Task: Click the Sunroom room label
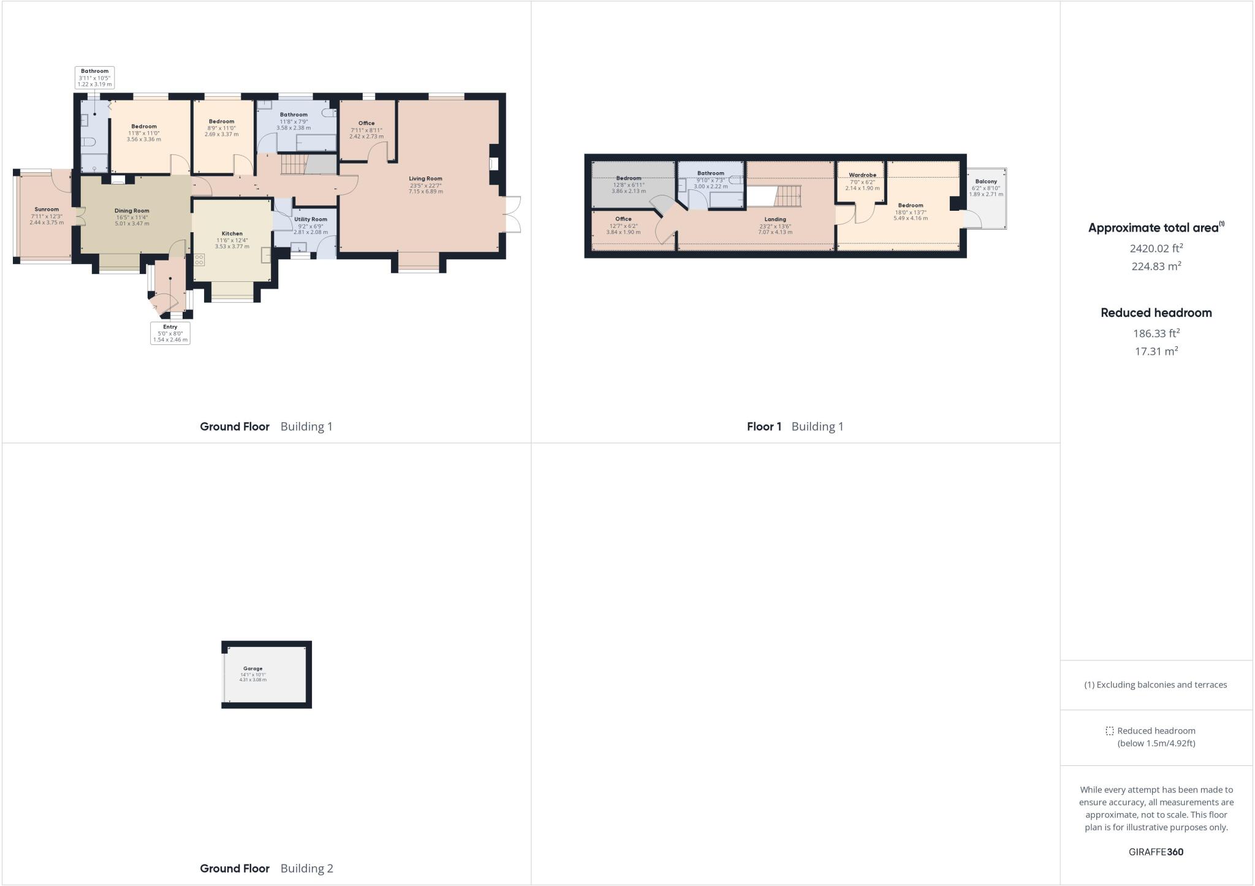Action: (47, 210)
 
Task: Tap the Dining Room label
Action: (132, 211)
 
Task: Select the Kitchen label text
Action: (232, 233)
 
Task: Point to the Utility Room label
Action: (311, 219)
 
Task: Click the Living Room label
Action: (425, 179)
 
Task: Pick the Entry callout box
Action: (170, 333)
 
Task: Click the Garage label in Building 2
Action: (252, 668)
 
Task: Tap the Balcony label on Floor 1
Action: (986, 181)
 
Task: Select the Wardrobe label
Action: (862, 175)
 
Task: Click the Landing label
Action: (775, 219)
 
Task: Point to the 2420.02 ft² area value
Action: (1156, 248)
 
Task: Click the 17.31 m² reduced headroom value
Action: (1156, 351)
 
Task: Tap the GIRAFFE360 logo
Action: (1156, 852)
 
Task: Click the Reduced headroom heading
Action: (1156, 312)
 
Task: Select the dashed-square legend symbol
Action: (1109, 731)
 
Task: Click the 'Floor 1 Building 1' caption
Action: (795, 426)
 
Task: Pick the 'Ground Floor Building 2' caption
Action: (267, 868)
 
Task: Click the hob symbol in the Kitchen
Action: (199, 260)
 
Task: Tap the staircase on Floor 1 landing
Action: (789, 197)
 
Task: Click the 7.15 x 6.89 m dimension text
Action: (425, 192)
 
